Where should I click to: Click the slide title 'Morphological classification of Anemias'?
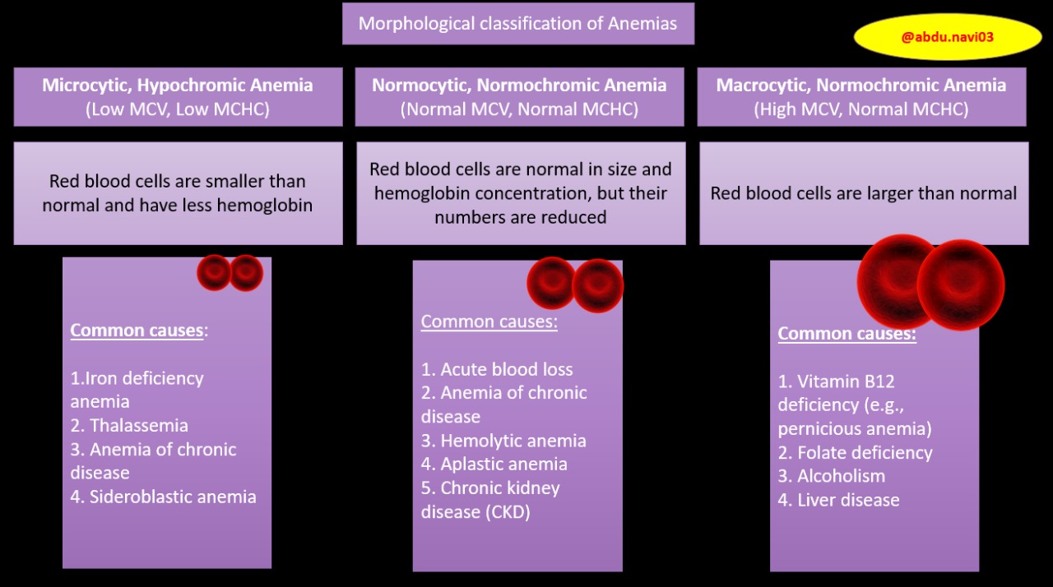click(x=517, y=24)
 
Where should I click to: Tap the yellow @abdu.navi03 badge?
click(x=947, y=37)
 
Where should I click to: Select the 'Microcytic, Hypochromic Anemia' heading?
click(x=178, y=86)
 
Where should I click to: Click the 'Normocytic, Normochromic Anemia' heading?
click(x=519, y=86)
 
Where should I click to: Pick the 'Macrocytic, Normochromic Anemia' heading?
click(x=860, y=86)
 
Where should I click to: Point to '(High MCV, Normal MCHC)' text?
click(x=860, y=109)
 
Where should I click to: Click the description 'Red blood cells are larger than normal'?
click(x=864, y=194)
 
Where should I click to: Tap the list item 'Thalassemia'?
click(x=138, y=426)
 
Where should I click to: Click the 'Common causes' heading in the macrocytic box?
click(x=847, y=334)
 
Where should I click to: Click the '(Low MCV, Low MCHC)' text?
click(x=178, y=109)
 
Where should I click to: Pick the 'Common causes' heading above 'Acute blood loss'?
click(x=489, y=321)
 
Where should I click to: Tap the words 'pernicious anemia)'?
click(x=855, y=429)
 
